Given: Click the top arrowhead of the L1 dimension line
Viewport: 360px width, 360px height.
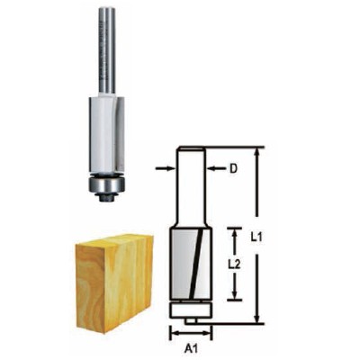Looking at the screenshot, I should point(260,153).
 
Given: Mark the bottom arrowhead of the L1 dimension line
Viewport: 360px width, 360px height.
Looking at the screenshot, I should point(260,320).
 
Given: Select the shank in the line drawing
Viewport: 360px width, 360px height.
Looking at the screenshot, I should point(189,184).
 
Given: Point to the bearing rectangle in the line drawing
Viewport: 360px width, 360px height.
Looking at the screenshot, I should point(190,309).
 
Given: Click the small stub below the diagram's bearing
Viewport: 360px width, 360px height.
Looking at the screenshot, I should point(190,319).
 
